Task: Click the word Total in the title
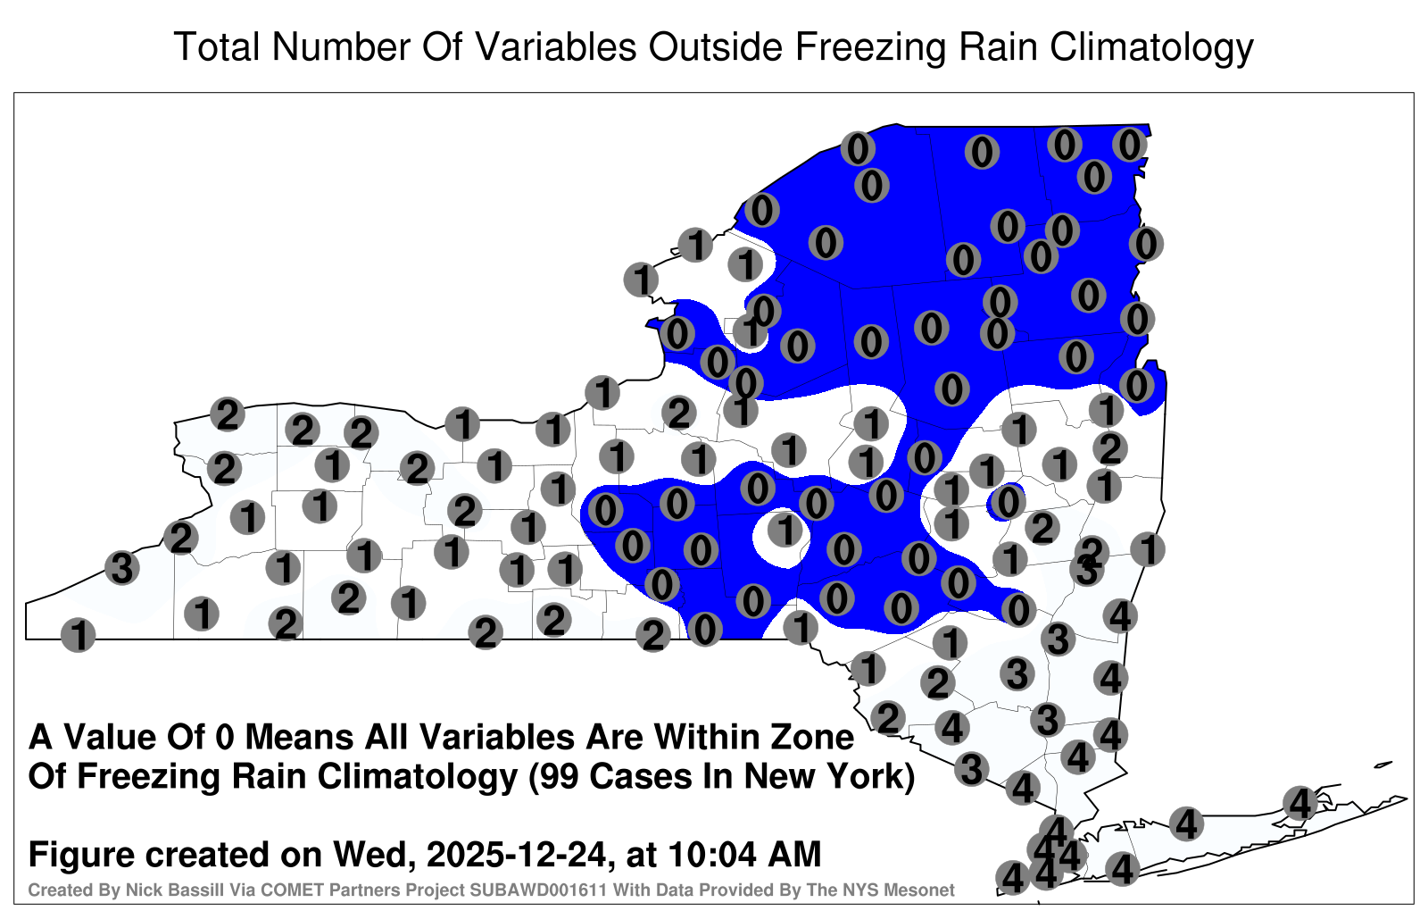[x=216, y=46]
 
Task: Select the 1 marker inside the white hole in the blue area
[x=785, y=531]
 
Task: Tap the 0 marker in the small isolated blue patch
[x=1008, y=502]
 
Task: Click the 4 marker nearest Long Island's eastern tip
[x=1299, y=803]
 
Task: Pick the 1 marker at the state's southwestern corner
[x=78, y=635]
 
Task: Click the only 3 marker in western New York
[x=121, y=568]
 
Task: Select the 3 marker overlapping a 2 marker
[x=1086, y=571]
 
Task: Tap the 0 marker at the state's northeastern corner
[x=1130, y=145]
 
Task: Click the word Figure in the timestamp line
[x=81, y=856]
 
